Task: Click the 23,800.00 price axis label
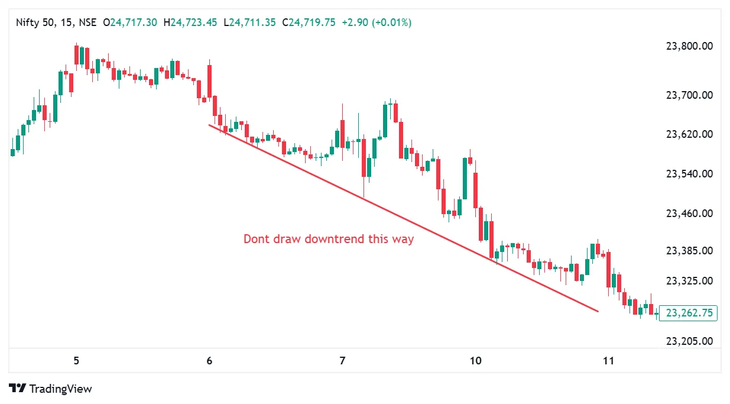689,46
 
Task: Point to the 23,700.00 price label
689,95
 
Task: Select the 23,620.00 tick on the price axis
689,134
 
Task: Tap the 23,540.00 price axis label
689,174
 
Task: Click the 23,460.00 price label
689,213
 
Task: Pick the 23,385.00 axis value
689,251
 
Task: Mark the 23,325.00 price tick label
689,280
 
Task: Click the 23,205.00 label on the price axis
689,341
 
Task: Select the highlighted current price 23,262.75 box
689,313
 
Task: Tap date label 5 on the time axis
76,361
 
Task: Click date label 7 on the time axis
342,361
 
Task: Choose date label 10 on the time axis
475,361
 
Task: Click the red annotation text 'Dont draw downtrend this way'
329,240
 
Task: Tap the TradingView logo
51,389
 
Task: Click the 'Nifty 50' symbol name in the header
34,22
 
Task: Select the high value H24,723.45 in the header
194,22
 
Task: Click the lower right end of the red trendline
598,311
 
